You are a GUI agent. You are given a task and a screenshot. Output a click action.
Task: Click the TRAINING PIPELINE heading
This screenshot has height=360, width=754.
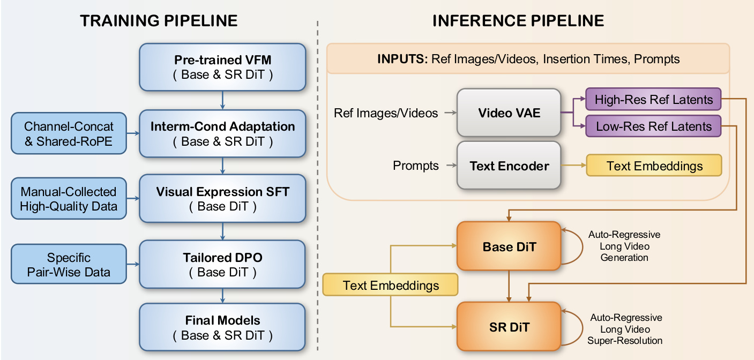pos(159,21)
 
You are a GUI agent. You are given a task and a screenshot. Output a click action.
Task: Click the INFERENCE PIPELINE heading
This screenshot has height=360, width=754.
pos(518,21)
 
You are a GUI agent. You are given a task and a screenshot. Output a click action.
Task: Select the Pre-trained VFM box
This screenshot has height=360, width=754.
pos(222,67)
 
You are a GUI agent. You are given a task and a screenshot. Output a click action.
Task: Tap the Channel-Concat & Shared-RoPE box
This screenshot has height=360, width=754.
pos(69,134)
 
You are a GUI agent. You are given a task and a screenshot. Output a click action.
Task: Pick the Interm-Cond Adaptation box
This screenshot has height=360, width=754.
pos(222,134)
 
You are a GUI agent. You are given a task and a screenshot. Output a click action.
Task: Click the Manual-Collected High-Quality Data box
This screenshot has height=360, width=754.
pos(69,199)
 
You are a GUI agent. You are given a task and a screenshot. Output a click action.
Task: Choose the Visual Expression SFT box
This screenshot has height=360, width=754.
pos(222,199)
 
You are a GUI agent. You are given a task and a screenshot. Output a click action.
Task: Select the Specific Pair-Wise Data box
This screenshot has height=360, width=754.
pos(69,265)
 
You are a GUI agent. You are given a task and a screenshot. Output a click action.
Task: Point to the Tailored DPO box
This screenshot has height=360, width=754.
pos(222,265)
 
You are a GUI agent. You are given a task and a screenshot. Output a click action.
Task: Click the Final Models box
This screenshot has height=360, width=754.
pos(222,328)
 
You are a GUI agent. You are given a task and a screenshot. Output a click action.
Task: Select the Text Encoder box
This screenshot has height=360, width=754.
pos(509,166)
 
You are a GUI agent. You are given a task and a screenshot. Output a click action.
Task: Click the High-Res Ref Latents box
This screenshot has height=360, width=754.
pos(654,100)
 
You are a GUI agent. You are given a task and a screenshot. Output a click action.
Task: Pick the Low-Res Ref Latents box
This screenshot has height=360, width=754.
pos(654,126)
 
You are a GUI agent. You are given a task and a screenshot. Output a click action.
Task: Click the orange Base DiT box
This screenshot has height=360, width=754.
pos(509,247)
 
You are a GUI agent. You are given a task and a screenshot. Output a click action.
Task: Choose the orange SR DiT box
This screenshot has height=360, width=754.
pos(509,327)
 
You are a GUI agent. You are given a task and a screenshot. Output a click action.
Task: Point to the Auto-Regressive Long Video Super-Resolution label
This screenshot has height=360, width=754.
pos(625,329)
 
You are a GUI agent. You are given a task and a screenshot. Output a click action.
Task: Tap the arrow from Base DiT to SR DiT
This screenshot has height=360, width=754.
pos(509,286)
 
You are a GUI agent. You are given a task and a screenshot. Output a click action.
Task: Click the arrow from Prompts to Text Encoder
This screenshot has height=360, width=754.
pos(446,166)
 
